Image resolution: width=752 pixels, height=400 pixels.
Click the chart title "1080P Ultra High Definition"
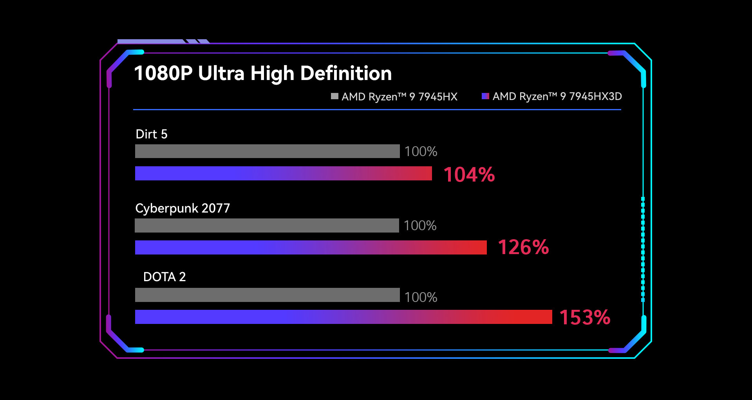point(262,73)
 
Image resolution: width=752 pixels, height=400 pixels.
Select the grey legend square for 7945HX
point(334,96)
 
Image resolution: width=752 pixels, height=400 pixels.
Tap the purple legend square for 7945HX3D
point(485,96)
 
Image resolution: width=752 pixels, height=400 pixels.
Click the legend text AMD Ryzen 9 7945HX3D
point(557,96)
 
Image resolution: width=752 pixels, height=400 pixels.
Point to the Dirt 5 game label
point(151,134)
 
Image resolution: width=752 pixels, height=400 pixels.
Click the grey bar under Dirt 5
point(267,151)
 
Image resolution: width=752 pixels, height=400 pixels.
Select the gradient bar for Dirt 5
point(283,173)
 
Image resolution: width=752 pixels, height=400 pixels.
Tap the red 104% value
point(469,175)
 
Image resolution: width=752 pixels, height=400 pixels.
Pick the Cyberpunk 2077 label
point(183,208)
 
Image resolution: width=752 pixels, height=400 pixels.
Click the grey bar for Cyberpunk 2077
point(267,225)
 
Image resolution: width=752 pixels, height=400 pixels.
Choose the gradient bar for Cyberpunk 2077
point(311,247)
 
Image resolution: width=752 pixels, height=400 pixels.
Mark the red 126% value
point(523,247)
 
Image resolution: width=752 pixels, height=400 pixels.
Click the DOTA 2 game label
point(164,277)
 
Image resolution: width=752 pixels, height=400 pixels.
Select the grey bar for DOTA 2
point(267,295)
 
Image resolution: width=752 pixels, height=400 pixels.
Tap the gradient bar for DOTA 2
point(343,317)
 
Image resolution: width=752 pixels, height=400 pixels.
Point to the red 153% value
point(585,318)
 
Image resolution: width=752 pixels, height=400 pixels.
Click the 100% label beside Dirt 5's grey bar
point(421,151)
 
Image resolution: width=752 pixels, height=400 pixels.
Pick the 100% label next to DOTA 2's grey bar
point(421,297)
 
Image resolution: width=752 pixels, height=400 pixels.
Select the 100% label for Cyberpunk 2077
point(420,225)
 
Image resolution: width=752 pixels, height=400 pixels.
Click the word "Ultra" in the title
point(221,73)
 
